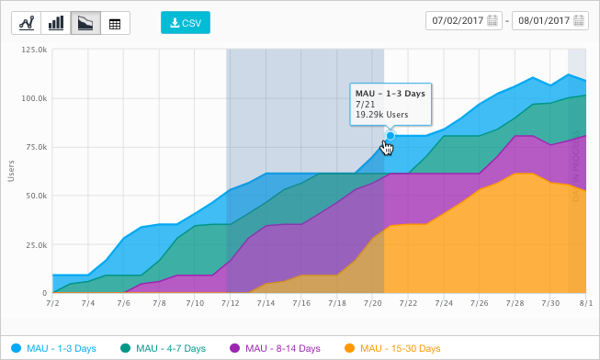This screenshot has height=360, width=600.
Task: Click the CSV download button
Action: pyautogui.click(x=186, y=22)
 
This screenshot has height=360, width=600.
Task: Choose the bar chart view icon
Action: pyautogui.click(x=55, y=23)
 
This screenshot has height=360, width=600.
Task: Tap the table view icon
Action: pyautogui.click(x=114, y=23)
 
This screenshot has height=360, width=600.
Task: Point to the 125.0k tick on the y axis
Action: pyautogui.click(x=34, y=50)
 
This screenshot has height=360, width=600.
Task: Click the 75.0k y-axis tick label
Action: pyautogui.click(x=36, y=147)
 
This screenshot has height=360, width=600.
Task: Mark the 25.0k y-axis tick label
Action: pyautogui.click(x=36, y=244)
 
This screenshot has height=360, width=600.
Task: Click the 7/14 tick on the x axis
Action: pyautogui.click(x=266, y=302)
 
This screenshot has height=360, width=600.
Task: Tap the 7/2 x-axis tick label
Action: pyautogui.click(x=52, y=302)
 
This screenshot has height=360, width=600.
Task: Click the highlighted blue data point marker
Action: pyautogui.click(x=391, y=136)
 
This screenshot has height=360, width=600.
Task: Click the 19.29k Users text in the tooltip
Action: pyautogui.click(x=381, y=116)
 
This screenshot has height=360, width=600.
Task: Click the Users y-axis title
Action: pyautogui.click(x=11, y=172)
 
